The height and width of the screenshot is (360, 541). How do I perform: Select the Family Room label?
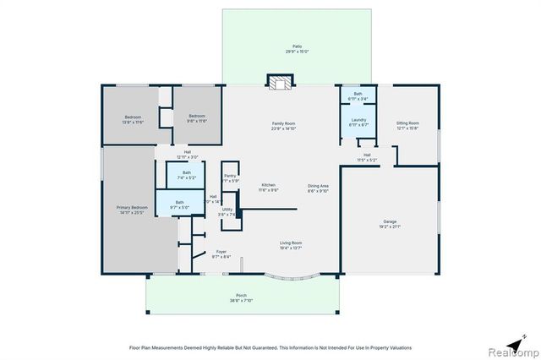(282, 126)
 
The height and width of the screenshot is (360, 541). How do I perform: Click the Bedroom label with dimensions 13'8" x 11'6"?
(134, 118)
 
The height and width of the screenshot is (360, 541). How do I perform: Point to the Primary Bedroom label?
(132, 209)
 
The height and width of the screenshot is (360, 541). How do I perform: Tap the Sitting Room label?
(407, 125)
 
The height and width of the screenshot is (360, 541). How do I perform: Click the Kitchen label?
(268, 187)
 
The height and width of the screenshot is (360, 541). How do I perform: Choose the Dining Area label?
(318, 187)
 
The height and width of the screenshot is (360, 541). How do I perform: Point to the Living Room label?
(292, 245)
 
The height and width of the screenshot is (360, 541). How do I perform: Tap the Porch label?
(242, 298)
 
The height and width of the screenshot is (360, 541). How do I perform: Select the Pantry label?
(230, 177)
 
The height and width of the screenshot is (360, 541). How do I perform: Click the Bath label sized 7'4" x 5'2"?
(186, 175)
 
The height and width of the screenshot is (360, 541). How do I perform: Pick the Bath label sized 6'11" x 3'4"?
(358, 95)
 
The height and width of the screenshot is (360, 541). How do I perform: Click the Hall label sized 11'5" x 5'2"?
(367, 156)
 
